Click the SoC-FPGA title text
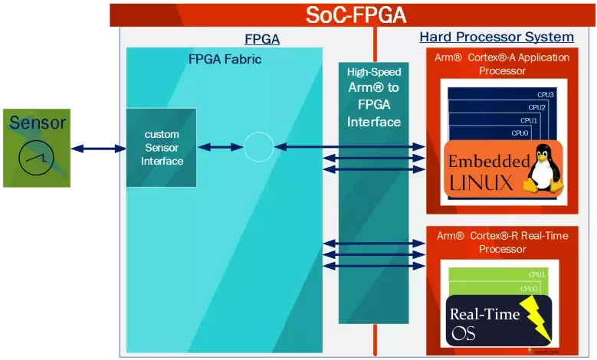click(x=356, y=15)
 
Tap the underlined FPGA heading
click(x=261, y=39)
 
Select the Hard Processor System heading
click(x=496, y=37)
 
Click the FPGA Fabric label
click(x=225, y=58)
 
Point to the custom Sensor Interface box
click(x=162, y=148)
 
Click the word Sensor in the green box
click(x=38, y=123)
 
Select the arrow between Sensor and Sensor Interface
click(x=98, y=149)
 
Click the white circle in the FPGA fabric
click(x=258, y=146)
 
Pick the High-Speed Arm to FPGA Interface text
click(x=374, y=97)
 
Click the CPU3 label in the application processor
click(x=546, y=94)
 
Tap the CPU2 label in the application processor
click(x=537, y=107)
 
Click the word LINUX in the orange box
click(x=481, y=182)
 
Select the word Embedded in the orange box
click(x=488, y=162)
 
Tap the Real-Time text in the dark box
click(x=484, y=313)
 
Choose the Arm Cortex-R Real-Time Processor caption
click(x=502, y=242)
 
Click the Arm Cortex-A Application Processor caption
click(x=502, y=64)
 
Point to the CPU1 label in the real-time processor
click(x=536, y=274)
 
